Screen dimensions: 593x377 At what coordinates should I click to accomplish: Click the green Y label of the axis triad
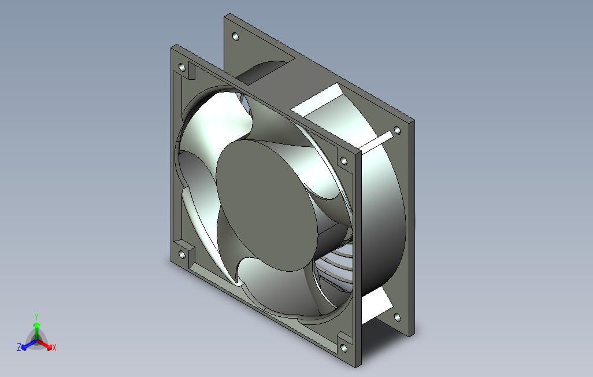pos(36,316)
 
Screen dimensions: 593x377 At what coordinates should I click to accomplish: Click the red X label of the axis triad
pos(54,348)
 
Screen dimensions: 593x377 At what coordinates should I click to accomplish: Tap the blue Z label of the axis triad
pos(19,347)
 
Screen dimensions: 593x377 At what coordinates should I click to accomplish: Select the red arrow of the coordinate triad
pos(45,345)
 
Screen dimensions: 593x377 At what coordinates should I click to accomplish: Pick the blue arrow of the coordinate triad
pos(29,345)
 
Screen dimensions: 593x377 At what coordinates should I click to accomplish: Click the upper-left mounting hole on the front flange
pos(182,68)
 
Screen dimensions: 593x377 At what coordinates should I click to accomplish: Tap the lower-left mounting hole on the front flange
pos(182,255)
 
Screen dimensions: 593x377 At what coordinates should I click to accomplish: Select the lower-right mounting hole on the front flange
pos(344,348)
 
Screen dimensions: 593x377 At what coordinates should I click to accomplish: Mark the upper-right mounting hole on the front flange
pos(344,161)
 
